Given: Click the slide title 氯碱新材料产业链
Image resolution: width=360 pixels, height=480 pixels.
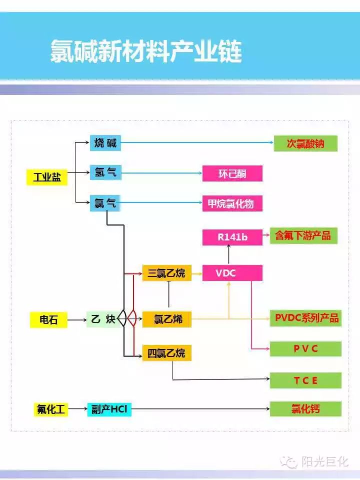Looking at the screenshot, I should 145,51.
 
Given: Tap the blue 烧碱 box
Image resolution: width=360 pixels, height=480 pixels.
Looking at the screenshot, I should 105,143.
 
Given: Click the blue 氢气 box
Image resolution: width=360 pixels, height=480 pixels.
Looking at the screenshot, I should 105,173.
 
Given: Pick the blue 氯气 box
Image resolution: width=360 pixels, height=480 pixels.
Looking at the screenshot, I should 105,203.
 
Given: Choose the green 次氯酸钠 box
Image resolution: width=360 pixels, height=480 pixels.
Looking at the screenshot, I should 305,143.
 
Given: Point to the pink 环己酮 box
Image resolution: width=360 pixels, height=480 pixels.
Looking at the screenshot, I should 232,174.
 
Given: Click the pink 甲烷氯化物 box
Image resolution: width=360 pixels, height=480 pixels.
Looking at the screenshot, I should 232,203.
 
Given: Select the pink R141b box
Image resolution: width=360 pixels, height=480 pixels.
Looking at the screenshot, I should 232,237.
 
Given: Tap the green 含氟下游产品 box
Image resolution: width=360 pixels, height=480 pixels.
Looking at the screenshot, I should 303,235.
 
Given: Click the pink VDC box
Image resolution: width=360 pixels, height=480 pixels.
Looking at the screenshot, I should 232,273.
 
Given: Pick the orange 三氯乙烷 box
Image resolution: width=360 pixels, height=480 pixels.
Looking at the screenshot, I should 166,273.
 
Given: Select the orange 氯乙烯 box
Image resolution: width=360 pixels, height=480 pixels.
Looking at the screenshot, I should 166,319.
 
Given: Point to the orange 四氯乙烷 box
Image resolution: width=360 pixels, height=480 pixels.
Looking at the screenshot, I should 166,353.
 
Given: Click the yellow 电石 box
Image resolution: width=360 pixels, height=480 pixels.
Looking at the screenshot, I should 48,319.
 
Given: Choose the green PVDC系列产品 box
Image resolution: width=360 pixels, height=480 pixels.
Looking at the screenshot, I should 305,318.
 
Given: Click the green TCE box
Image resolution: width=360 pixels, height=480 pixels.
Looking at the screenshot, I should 305,380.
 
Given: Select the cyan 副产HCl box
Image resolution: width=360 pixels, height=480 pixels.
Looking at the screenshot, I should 109,409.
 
